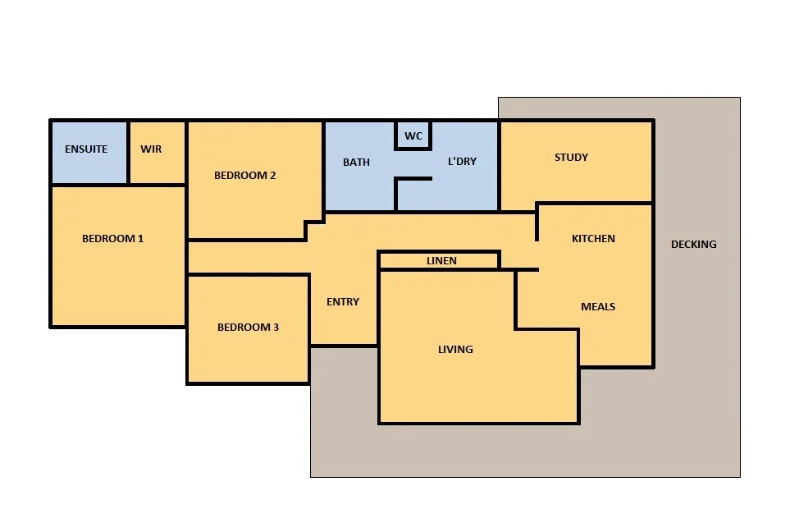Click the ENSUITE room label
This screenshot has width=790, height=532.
tap(86, 149)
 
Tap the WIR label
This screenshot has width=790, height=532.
tap(151, 149)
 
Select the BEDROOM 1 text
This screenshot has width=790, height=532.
tap(113, 239)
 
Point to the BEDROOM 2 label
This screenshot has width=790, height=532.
tap(245, 175)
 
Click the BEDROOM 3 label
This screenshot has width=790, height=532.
tap(248, 328)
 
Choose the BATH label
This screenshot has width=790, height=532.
tap(356, 162)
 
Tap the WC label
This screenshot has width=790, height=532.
tap(413, 135)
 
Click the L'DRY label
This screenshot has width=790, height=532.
tap(462, 162)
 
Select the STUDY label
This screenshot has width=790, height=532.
tap(571, 157)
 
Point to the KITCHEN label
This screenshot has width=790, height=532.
tap(593, 239)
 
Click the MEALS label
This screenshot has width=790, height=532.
tap(598, 307)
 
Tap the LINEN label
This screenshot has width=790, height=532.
tap(441, 261)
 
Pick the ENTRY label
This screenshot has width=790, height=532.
tap(343, 302)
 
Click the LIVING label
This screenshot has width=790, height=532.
tap(455, 350)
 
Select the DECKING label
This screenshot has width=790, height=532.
tap(693, 244)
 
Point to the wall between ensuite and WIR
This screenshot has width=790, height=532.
tap(129, 153)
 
